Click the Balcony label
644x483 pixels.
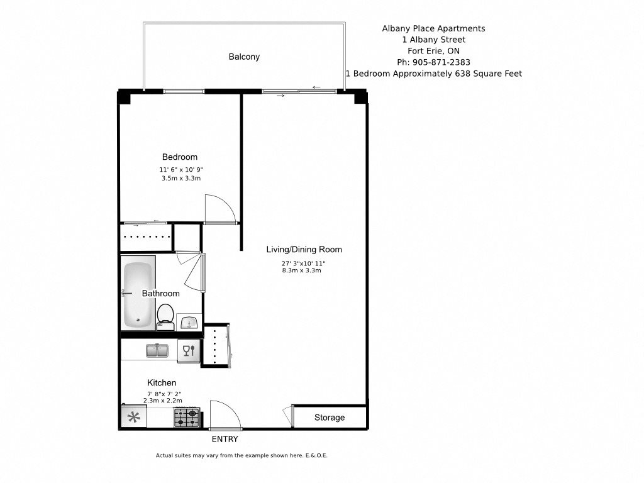click(x=243, y=57)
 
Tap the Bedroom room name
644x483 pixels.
click(x=180, y=157)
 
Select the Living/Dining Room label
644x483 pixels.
click(x=304, y=250)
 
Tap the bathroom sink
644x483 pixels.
click(x=189, y=322)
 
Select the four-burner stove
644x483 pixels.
click(x=187, y=417)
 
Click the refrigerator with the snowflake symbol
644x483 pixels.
click(x=133, y=417)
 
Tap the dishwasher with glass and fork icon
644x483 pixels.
click(x=188, y=351)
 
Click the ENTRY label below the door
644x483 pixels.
click(x=225, y=439)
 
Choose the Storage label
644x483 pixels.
click(x=330, y=418)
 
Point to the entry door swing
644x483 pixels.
click(x=224, y=415)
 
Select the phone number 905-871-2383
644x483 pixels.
click(x=433, y=62)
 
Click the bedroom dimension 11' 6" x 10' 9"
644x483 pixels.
click(x=181, y=170)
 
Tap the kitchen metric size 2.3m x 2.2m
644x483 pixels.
click(x=162, y=400)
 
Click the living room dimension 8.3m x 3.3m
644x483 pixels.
click(x=302, y=270)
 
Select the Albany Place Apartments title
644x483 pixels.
click(x=433, y=28)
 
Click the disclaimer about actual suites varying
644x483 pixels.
click(x=241, y=455)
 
